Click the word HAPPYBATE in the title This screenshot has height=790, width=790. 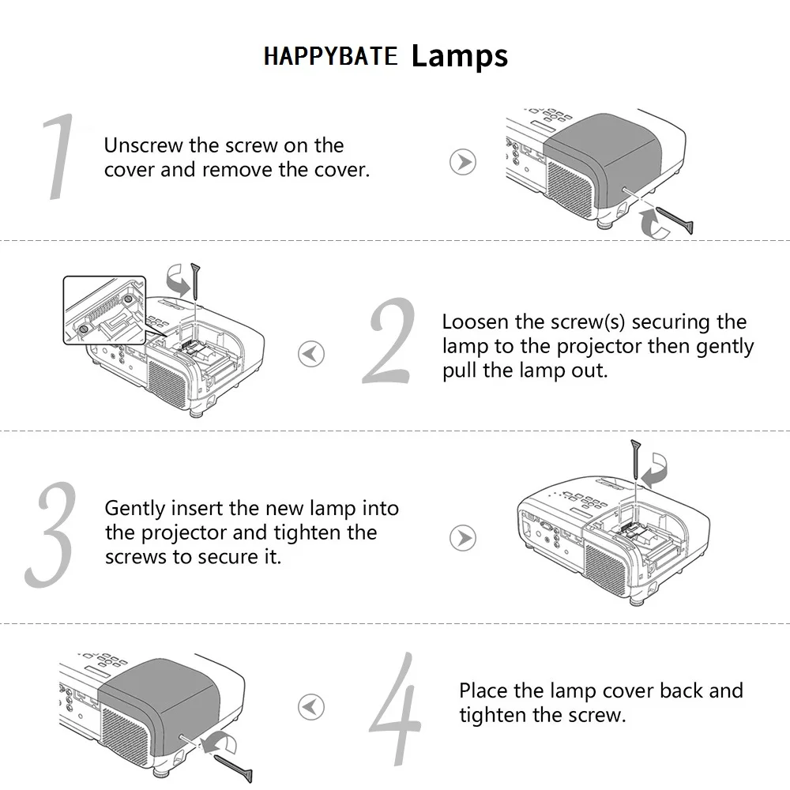[x=330, y=57]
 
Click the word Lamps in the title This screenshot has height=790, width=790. [x=459, y=56]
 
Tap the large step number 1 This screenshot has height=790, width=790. [x=59, y=156]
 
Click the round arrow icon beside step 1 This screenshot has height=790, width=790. [x=463, y=162]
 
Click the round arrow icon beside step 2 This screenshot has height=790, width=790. [x=311, y=353]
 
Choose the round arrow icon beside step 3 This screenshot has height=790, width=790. [x=463, y=539]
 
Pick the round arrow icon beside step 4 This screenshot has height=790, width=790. [x=311, y=705]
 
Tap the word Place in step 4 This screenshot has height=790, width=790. [x=483, y=690]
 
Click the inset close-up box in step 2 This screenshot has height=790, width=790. [x=104, y=310]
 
